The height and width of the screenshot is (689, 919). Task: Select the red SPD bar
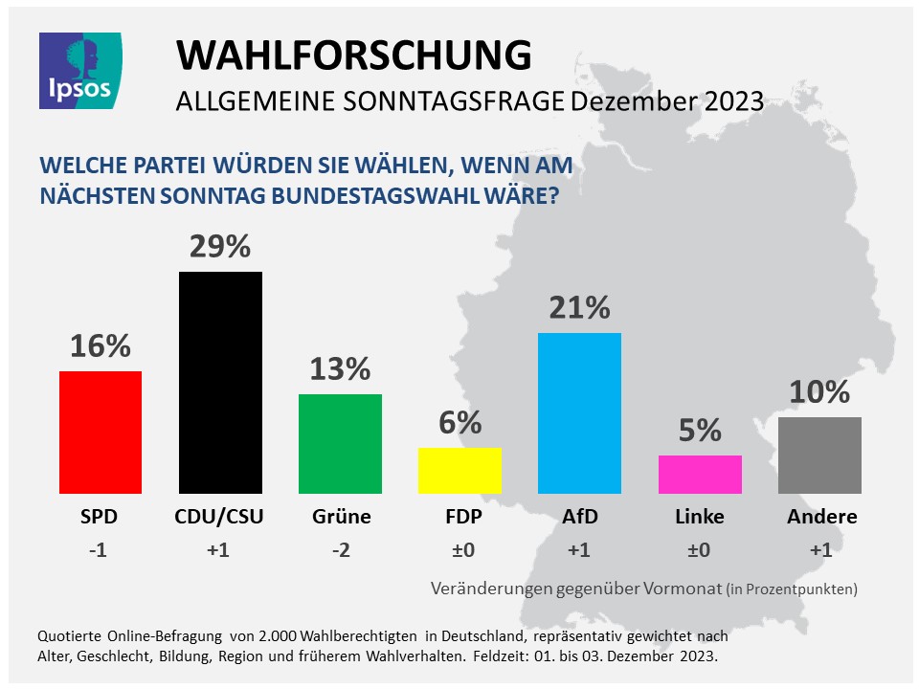pyautogui.click(x=101, y=432)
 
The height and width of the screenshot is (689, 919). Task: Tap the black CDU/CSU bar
pyautogui.click(x=220, y=383)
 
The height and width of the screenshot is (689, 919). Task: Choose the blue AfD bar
pyautogui.click(x=579, y=412)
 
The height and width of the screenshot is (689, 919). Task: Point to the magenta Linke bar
pyautogui.click(x=700, y=474)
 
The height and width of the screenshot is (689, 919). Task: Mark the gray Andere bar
pyautogui.click(x=819, y=455)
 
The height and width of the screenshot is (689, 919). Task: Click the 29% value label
pyautogui.click(x=220, y=248)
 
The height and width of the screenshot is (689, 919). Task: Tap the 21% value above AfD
pyautogui.click(x=579, y=308)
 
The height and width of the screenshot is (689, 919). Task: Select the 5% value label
pyautogui.click(x=700, y=431)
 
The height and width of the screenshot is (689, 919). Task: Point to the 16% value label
pyautogui.click(x=101, y=346)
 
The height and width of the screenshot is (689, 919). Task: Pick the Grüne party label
pyautogui.click(x=341, y=518)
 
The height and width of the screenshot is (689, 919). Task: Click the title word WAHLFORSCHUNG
pyautogui.click(x=354, y=56)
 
